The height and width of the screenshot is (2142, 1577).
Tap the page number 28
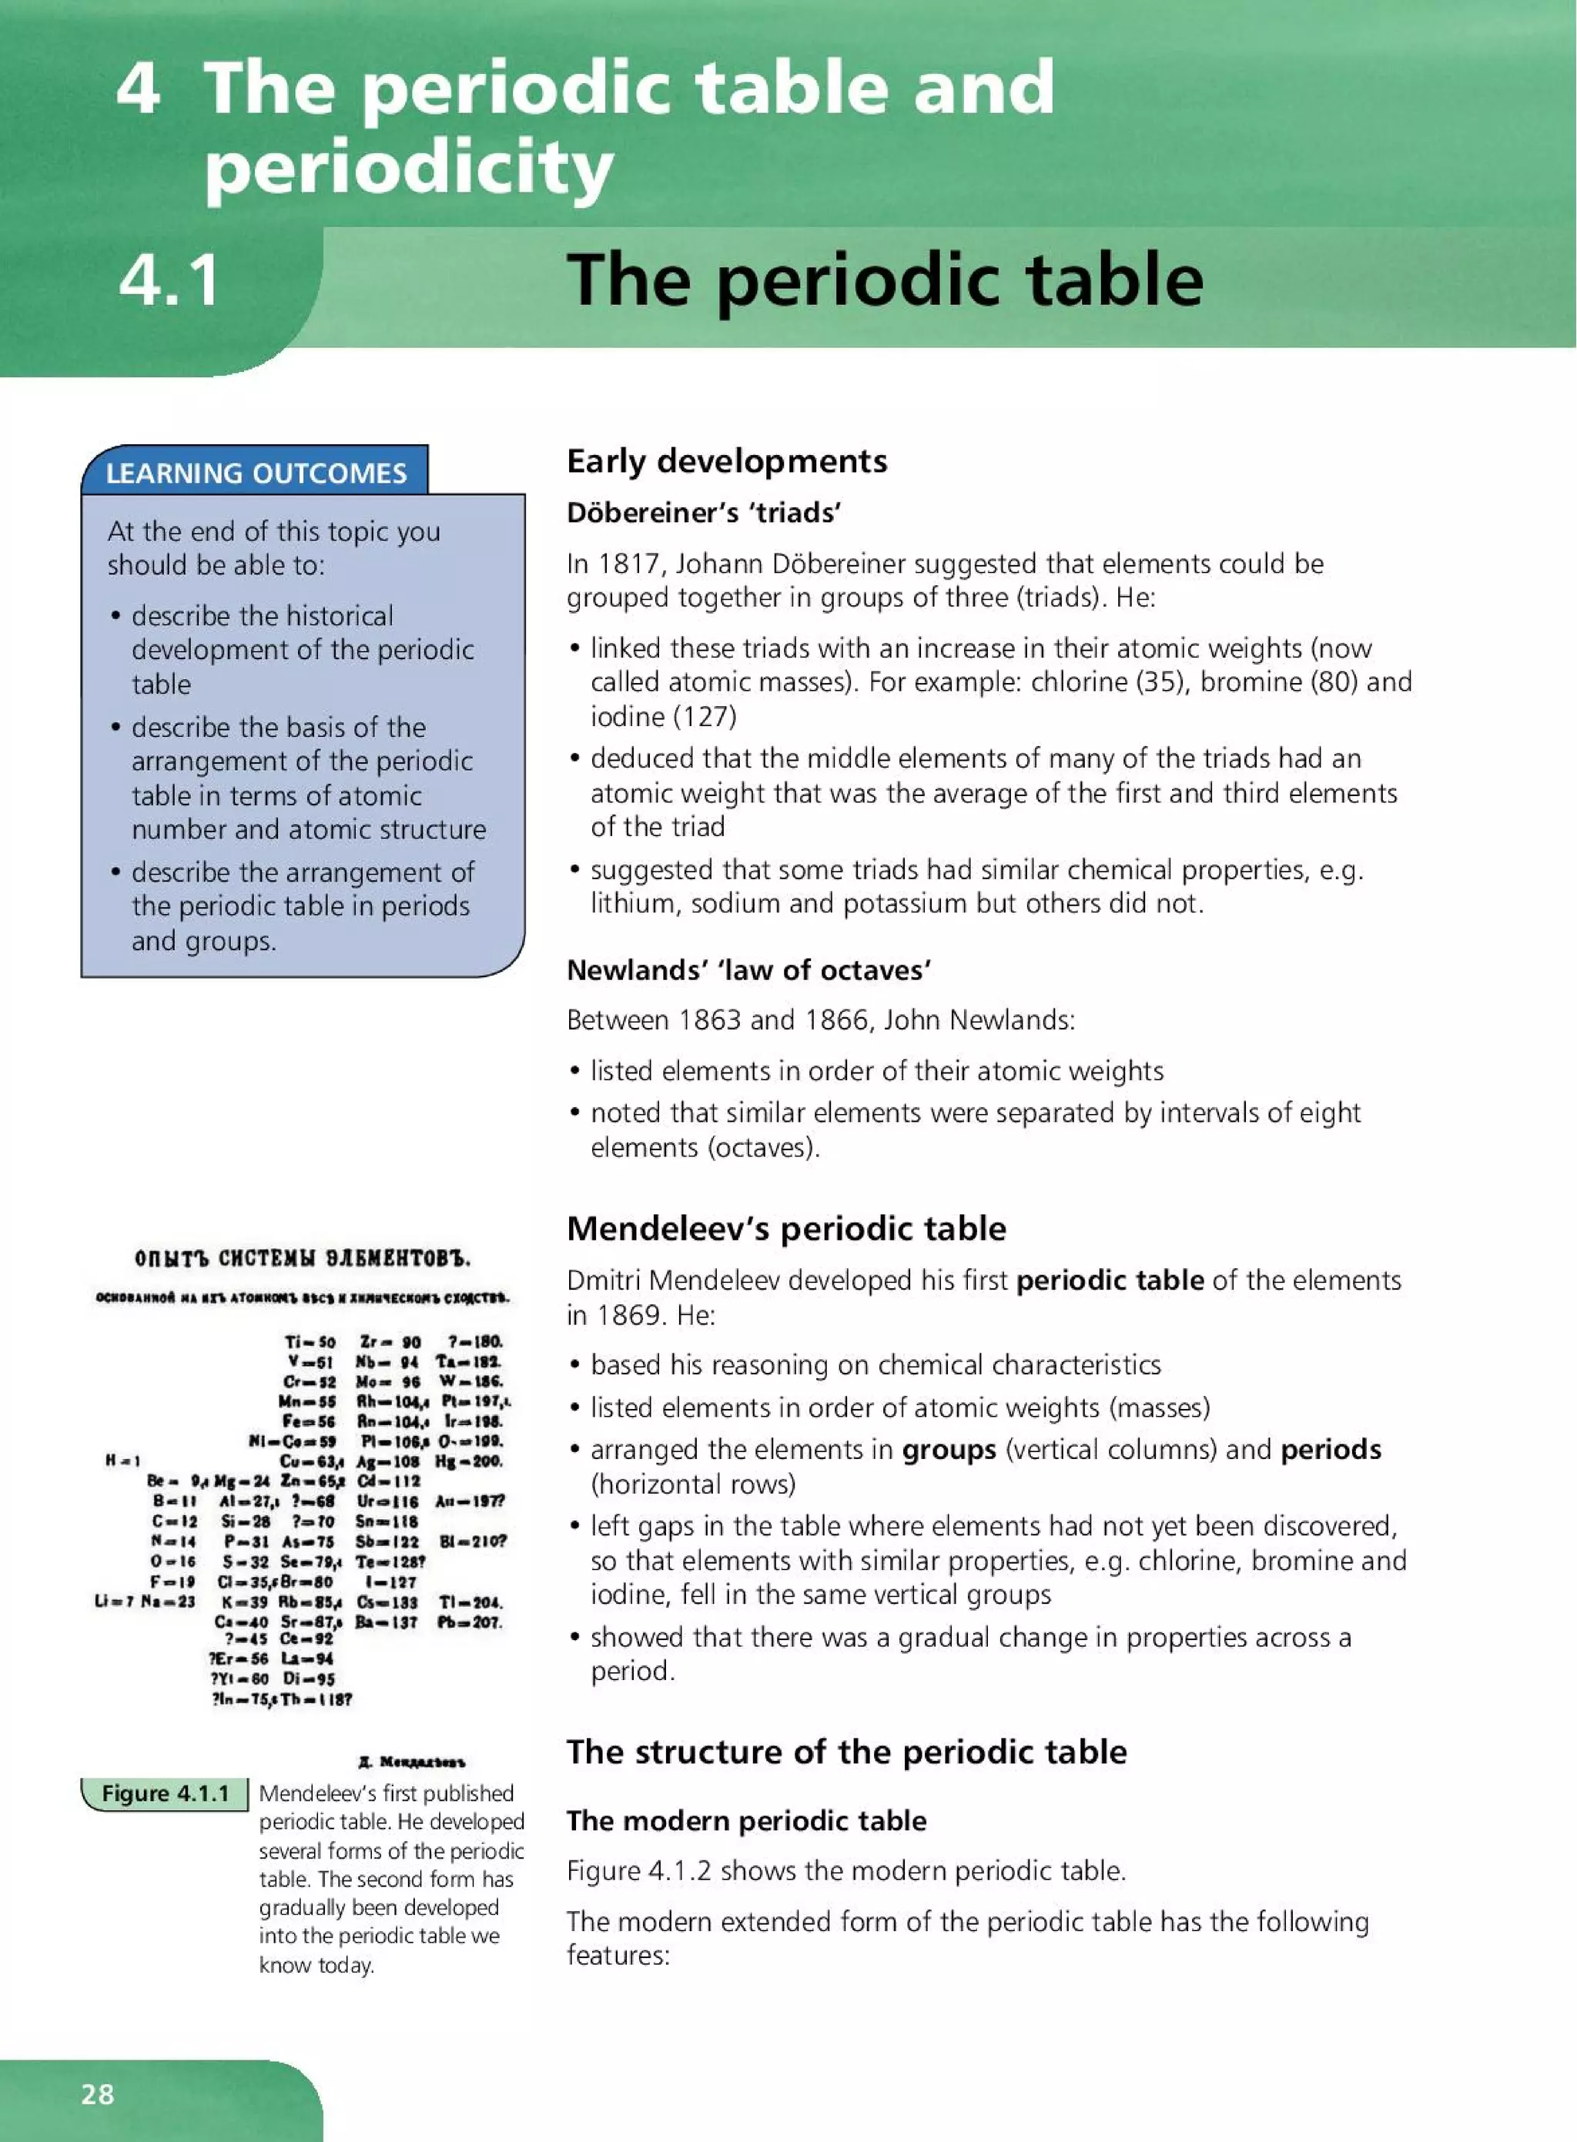click(x=97, y=2093)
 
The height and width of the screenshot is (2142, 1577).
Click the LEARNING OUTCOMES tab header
click(x=256, y=473)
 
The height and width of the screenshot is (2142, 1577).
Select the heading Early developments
click(x=726, y=461)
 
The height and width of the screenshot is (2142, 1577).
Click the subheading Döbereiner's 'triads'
click(x=704, y=514)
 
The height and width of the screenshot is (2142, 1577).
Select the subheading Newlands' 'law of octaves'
click(x=748, y=970)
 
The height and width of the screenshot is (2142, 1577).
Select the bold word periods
click(x=1330, y=1450)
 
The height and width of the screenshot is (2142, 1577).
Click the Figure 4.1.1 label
click(x=165, y=1793)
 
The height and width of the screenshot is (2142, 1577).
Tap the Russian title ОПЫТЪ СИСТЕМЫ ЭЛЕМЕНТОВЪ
click(x=303, y=1258)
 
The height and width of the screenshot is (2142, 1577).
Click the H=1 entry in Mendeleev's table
click(x=123, y=1460)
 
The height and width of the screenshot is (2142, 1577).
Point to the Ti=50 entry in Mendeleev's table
click(x=310, y=1342)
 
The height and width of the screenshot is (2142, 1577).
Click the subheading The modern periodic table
click(x=745, y=1820)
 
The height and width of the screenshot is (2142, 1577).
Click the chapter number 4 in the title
click(x=138, y=88)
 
